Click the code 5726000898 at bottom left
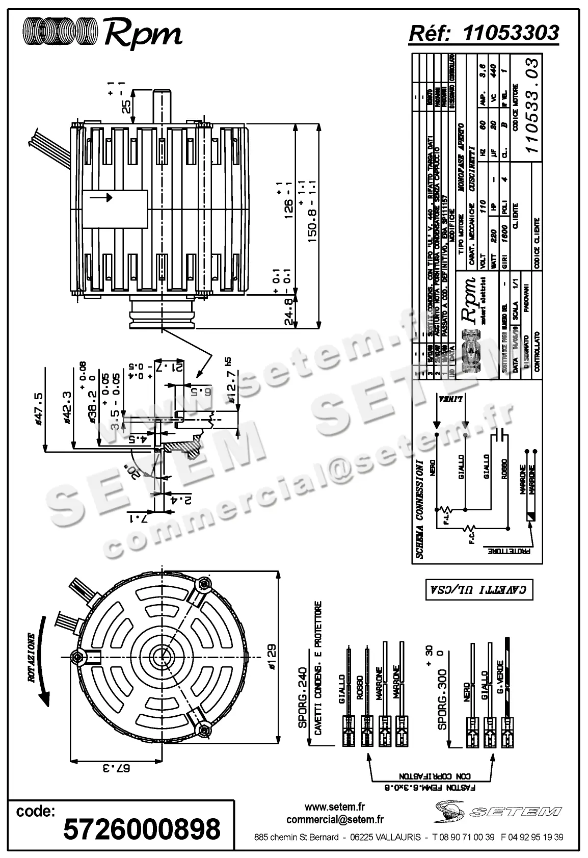(142, 828)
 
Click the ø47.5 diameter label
(37, 408)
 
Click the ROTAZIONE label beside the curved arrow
(32, 658)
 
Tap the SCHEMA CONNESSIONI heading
(420, 510)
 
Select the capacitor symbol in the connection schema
(497, 434)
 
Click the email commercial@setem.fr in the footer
(335, 820)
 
